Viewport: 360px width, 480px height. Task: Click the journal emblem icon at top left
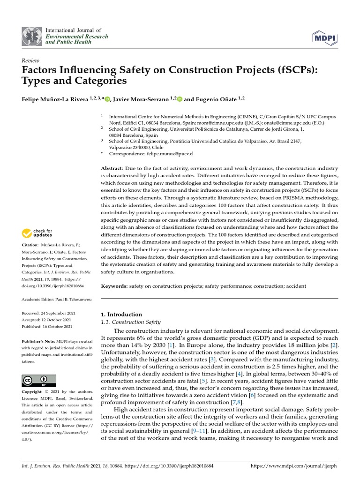coord(31,36)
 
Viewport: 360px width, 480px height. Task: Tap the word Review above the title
coord(30,60)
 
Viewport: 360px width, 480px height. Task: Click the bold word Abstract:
coord(112,168)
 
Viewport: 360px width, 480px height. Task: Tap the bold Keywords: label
coord(114,285)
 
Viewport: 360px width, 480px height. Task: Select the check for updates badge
coord(37,232)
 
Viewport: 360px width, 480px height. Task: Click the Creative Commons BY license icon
coord(39,380)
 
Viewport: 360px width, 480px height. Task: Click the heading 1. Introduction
coord(121,314)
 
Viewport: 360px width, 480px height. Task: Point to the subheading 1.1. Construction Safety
coord(131,322)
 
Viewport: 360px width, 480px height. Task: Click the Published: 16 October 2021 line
coord(47,326)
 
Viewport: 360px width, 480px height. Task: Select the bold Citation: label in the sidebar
coord(31,245)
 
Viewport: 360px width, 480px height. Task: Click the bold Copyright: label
coord(34,392)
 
